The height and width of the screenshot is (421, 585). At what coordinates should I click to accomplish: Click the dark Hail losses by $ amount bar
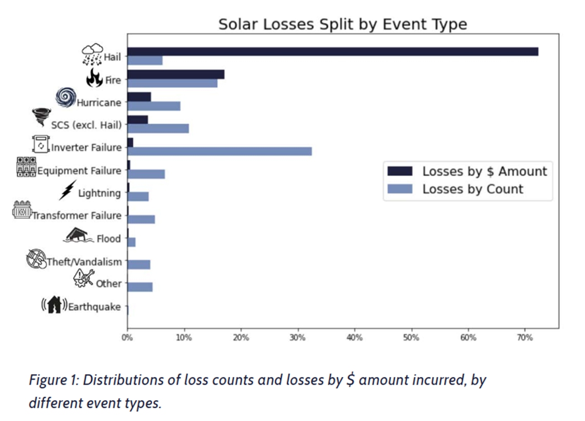point(332,51)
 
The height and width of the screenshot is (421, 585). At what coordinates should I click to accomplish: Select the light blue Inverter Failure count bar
point(219,151)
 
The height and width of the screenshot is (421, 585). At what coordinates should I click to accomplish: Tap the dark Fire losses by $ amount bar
point(176,74)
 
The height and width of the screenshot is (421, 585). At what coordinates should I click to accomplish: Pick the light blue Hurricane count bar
point(154,106)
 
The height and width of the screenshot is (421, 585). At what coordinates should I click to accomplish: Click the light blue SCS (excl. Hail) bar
point(158,128)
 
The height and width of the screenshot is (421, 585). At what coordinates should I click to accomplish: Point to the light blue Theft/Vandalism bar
point(138,264)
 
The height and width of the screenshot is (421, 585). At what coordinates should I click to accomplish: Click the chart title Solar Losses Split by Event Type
point(342,24)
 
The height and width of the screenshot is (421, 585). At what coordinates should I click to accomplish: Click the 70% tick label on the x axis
point(524,338)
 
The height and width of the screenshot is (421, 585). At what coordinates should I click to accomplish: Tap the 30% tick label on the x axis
point(297,338)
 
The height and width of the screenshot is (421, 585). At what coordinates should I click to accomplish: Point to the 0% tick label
point(128,338)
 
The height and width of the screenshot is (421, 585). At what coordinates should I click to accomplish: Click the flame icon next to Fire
point(94,78)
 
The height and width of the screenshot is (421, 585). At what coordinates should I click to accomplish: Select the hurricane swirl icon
point(66,97)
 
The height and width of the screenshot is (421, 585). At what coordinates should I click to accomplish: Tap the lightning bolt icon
point(67,190)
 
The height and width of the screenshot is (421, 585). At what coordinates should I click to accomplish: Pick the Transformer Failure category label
point(77,216)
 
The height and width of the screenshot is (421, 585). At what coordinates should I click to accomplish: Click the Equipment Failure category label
point(79,171)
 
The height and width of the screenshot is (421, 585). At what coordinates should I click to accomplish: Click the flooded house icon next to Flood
point(79,235)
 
